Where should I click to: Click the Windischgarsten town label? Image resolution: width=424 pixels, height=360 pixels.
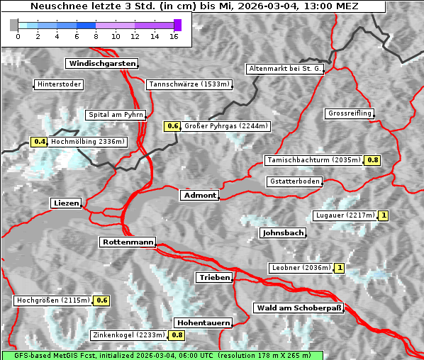point(101,64)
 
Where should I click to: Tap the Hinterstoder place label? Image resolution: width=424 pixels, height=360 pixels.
point(59,85)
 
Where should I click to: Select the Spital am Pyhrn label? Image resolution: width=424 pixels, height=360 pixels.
point(116,115)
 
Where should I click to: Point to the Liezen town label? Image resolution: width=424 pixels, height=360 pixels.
point(66,203)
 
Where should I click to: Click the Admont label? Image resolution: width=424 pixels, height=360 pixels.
point(199,196)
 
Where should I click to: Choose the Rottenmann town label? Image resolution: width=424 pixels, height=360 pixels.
point(128,242)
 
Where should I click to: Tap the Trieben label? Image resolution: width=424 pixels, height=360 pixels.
point(214,278)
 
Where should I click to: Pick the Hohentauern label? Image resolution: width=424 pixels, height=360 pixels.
point(203,322)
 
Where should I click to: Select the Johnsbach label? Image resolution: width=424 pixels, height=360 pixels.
point(283,233)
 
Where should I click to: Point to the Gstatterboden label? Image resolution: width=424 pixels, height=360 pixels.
point(294,181)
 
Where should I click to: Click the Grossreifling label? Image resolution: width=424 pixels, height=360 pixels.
point(350,113)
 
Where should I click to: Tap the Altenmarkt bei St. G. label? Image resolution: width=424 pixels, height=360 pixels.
point(285,69)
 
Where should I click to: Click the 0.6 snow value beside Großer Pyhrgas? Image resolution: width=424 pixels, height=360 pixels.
point(172,126)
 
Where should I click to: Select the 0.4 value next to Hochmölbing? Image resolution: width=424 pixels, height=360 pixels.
point(39,142)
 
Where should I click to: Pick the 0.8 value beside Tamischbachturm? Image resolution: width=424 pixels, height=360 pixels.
point(372,160)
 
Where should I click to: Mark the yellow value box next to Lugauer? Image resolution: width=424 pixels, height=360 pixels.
point(384,215)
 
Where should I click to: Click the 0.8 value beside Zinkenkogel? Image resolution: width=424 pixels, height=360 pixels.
point(177,335)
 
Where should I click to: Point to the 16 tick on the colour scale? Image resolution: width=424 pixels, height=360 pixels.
point(174,35)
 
